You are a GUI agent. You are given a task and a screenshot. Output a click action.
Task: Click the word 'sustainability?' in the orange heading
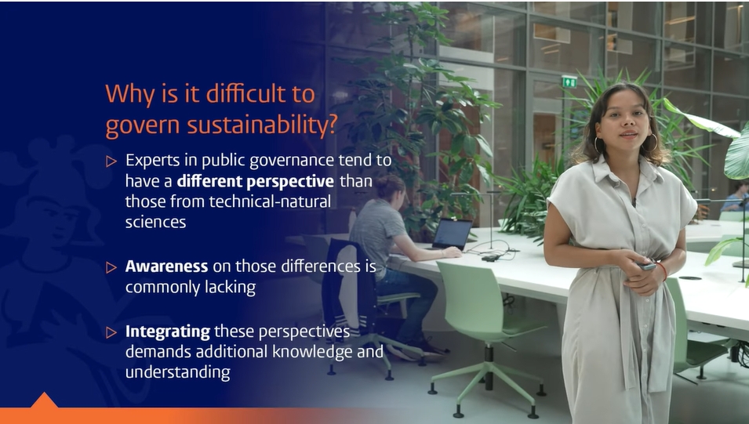point(262,125)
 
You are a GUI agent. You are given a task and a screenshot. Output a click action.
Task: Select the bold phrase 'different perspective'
point(255,182)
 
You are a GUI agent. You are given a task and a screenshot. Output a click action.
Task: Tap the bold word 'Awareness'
point(166,266)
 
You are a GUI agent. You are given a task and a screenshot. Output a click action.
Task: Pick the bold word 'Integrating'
point(167,332)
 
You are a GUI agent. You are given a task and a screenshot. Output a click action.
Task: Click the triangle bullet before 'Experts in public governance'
point(111,161)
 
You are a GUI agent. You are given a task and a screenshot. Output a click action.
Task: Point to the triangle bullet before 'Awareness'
point(111,267)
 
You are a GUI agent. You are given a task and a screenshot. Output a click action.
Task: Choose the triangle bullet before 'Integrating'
point(111,332)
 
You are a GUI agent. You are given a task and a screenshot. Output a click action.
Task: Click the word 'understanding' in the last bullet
point(178,372)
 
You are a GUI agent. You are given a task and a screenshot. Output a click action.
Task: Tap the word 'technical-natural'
point(270,201)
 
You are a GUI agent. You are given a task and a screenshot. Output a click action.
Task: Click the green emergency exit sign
point(569,82)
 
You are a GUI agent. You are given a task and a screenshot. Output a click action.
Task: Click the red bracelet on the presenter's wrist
point(663,270)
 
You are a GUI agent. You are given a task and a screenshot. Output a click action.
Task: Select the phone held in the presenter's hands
point(645,266)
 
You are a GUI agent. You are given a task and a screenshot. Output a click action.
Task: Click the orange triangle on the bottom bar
point(44,400)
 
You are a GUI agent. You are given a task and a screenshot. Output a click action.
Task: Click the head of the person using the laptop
point(390,187)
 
